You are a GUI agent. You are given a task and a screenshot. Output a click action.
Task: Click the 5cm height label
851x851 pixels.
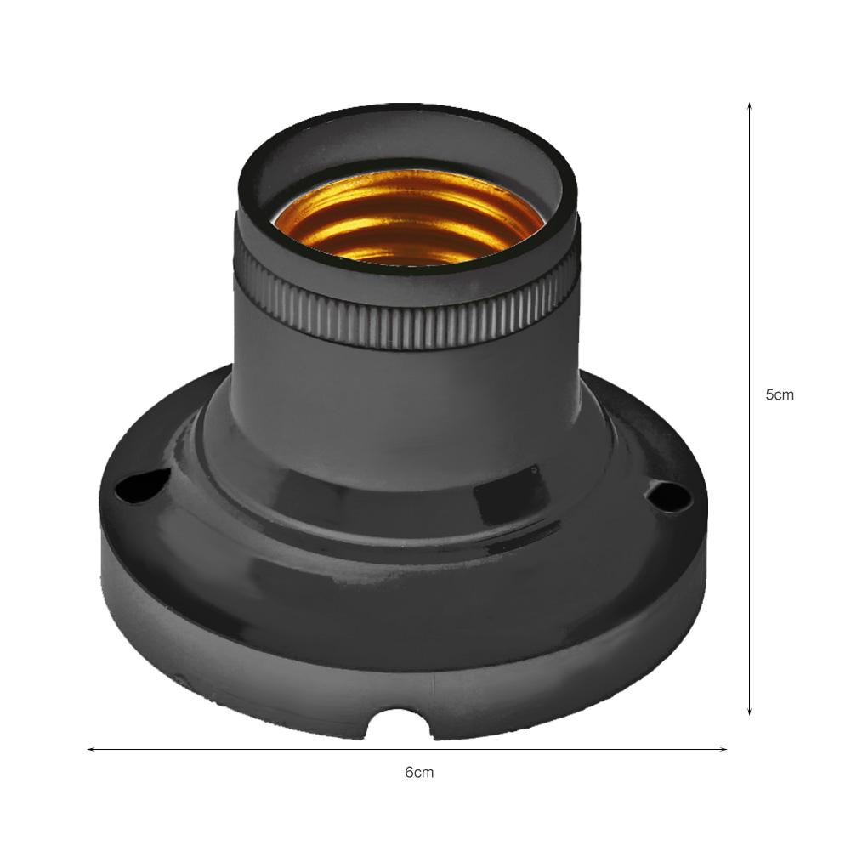780,394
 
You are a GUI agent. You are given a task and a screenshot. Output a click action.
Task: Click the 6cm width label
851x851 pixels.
419,773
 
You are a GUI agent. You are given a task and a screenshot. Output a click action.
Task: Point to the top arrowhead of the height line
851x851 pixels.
749,107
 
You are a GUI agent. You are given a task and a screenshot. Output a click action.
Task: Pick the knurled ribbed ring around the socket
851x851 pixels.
408,327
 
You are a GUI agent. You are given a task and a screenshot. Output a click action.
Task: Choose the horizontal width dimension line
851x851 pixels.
255,749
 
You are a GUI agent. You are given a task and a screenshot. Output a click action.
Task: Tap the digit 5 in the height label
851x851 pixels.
770,394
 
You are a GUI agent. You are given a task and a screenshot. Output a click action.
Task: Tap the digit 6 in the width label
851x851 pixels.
409,773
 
